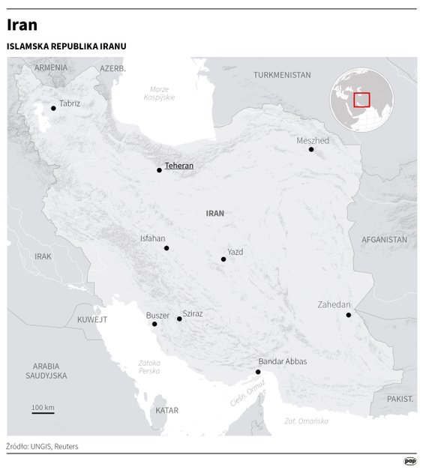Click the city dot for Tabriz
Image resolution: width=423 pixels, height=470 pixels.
pyautogui.click(x=53, y=109)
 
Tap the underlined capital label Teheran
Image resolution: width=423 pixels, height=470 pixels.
pyautogui.click(x=178, y=166)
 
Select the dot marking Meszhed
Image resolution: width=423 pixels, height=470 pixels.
pyautogui.click(x=311, y=149)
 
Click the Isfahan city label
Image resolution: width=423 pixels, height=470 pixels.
pyautogui.click(x=152, y=238)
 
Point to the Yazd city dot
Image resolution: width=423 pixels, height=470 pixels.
pyautogui.click(x=223, y=259)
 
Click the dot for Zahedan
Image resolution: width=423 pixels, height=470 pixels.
pyautogui.click(x=349, y=315)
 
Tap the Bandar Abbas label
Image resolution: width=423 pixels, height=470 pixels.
pyautogui.click(x=282, y=361)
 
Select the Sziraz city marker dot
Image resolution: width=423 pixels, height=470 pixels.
pyautogui.click(x=179, y=319)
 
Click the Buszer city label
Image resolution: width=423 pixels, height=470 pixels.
pyautogui.click(x=158, y=316)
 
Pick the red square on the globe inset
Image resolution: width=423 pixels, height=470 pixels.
pyautogui.click(x=361, y=100)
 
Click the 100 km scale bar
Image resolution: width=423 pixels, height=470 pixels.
pyautogui.click(x=43, y=412)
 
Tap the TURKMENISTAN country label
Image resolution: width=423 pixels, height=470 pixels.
pyautogui.click(x=282, y=75)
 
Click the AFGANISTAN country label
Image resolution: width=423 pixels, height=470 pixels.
pyautogui.click(x=384, y=240)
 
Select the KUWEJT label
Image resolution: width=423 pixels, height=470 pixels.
pyautogui.click(x=92, y=319)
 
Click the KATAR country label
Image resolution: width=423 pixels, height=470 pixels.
pyautogui.click(x=166, y=411)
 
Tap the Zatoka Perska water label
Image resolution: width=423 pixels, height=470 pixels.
pyautogui.click(x=148, y=367)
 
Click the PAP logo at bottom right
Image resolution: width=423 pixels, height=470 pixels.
pyautogui.click(x=409, y=461)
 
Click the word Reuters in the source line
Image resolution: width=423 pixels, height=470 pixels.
pyautogui.click(x=66, y=447)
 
